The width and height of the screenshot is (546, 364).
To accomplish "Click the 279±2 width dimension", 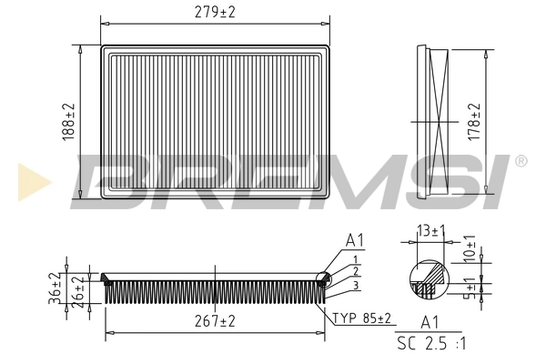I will (x=215, y=12).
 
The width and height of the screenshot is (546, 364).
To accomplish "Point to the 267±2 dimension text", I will (x=215, y=321).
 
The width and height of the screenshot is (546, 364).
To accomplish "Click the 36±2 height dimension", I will (x=55, y=287).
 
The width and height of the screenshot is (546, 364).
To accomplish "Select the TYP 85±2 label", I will (x=362, y=318).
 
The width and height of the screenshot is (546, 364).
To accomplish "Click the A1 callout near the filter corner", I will (x=354, y=241).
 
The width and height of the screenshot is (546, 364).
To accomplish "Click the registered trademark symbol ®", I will (x=521, y=161).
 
